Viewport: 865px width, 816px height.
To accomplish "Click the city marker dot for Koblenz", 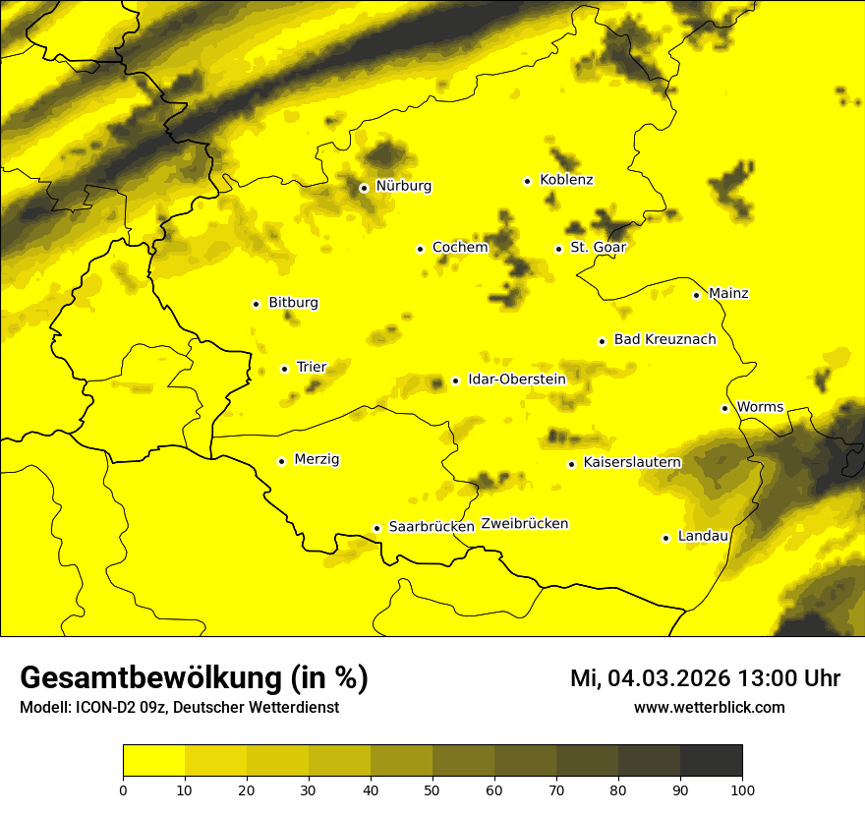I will [x=528, y=181].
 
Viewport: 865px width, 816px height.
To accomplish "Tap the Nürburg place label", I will [x=403, y=186].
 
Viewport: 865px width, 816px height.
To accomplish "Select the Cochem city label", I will [x=460, y=248].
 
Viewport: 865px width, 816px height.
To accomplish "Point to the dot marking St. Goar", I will [x=558, y=249].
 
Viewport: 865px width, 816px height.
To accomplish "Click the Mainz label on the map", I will [x=728, y=294].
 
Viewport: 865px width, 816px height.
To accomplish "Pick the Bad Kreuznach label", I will [x=664, y=340].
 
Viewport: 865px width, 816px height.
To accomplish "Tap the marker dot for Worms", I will [x=725, y=408].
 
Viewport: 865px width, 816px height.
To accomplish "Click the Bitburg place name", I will [x=293, y=303].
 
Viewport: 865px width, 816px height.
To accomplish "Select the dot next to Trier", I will [x=285, y=369].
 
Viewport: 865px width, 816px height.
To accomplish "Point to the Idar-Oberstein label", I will [x=517, y=379].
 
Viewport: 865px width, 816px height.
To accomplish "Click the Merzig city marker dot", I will [x=282, y=461].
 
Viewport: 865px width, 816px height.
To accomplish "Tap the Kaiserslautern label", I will [x=632, y=462].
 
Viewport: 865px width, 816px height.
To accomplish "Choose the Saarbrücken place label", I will [x=432, y=527].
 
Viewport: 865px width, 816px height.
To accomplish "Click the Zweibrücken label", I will [x=524, y=524].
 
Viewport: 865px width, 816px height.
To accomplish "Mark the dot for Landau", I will [x=666, y=538].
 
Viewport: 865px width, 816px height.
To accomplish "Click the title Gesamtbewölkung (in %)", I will [x=194, y=678].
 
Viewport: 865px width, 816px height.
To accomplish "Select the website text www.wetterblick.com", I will [x=709, y=708].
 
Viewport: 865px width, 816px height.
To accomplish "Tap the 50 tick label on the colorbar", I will [x=432, y=788].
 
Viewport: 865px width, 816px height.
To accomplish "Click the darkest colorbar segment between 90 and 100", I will [x=711, y=761].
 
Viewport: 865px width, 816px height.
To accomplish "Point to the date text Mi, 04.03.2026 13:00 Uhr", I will [x=705, y=678].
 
